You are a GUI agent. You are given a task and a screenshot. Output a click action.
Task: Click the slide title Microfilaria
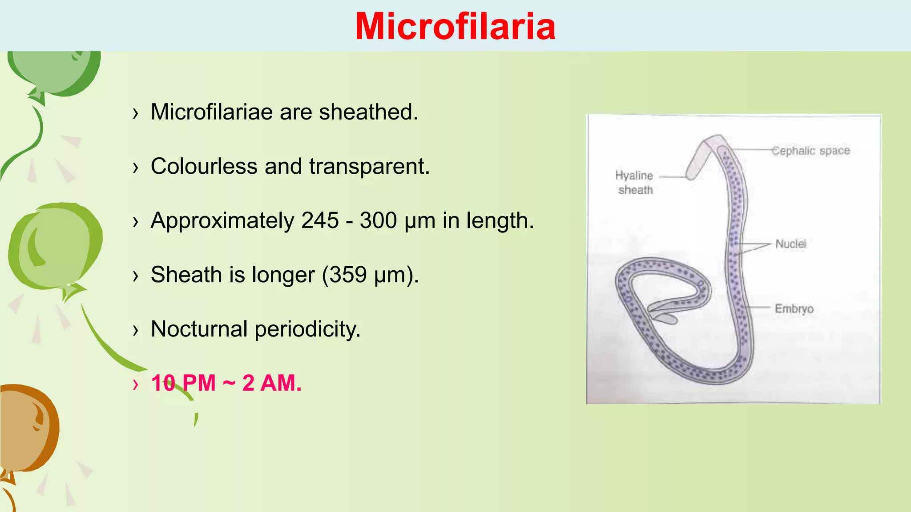pos(455,27)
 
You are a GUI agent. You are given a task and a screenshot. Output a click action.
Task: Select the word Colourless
pos(204,167)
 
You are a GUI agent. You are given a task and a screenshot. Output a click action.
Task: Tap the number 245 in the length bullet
pos(320,220)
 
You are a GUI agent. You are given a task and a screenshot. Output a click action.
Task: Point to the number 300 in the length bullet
pos(378,220)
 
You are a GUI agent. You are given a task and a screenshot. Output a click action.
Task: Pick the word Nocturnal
pos(199,329)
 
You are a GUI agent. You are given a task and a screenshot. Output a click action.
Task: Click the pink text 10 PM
pos(183,383)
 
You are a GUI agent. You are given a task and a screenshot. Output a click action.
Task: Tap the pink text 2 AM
pos(272,383)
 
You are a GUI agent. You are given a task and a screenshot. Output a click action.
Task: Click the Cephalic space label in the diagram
pos(810,151)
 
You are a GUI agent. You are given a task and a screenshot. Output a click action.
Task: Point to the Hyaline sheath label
pos(634,183)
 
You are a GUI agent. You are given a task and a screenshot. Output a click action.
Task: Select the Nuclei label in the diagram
pos(790,244)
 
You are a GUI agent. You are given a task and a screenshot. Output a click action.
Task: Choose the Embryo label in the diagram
pos(794,308)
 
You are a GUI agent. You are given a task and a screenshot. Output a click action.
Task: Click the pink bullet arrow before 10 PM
pos(136,384)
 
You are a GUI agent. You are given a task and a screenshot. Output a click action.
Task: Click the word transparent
pos(369,167)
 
